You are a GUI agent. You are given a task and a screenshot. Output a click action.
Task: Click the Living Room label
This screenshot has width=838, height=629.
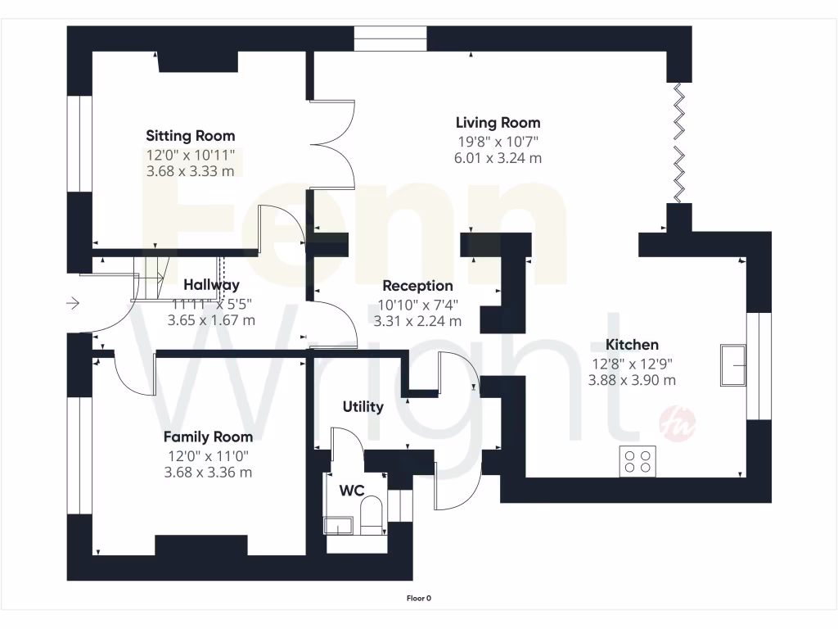pos(498,123)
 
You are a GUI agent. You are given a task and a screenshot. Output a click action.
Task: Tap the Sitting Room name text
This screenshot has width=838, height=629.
pos(190,136)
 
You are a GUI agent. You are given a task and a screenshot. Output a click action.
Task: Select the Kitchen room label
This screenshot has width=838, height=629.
pos(632,345)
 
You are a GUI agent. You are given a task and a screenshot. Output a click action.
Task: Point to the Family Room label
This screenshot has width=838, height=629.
pos(208,437)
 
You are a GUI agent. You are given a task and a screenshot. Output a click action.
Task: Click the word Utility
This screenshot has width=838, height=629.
pos(363,407)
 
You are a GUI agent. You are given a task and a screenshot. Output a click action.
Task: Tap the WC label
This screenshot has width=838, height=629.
pos(352,491)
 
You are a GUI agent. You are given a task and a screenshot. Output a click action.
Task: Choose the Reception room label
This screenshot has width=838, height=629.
pos(417,286)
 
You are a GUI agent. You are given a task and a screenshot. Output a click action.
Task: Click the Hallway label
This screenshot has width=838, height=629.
pos(211,285)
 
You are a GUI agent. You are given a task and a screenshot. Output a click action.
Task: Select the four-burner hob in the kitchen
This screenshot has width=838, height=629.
pos(638,461)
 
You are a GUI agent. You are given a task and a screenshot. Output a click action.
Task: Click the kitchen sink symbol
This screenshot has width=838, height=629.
pos(732,364)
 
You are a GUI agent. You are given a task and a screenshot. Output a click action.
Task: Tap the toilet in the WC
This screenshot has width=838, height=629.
pos(371,514)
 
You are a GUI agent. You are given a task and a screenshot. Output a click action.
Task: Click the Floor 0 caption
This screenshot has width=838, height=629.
pos(419,598)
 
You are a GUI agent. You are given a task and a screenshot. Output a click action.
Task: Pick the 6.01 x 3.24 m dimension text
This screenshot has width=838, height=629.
pos(498,158)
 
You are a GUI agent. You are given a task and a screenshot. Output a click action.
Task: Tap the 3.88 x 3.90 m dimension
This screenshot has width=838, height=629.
pos(632,380)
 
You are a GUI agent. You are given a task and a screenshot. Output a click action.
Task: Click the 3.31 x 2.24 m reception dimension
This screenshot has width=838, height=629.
pos(417,321)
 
